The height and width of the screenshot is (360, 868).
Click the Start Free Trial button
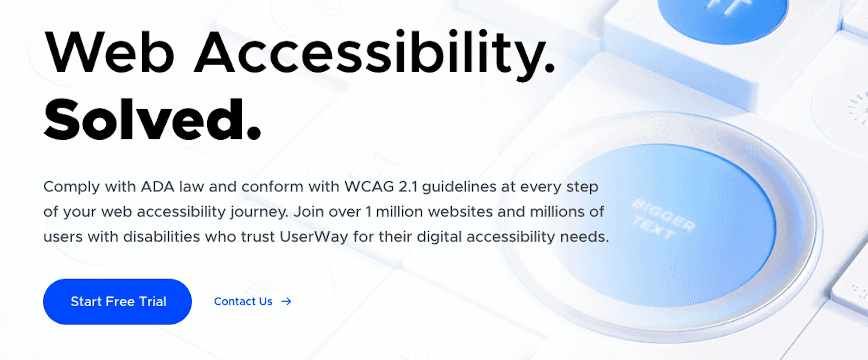pyautogui.click(x=117, y=302)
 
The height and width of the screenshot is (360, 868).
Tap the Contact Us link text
pyautogui.click(x=243, y=302)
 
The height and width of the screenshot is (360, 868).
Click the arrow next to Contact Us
pyautogui.click(x=286, y=302)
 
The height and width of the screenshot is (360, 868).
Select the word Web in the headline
pyautogui.click(x=109, y=52)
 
